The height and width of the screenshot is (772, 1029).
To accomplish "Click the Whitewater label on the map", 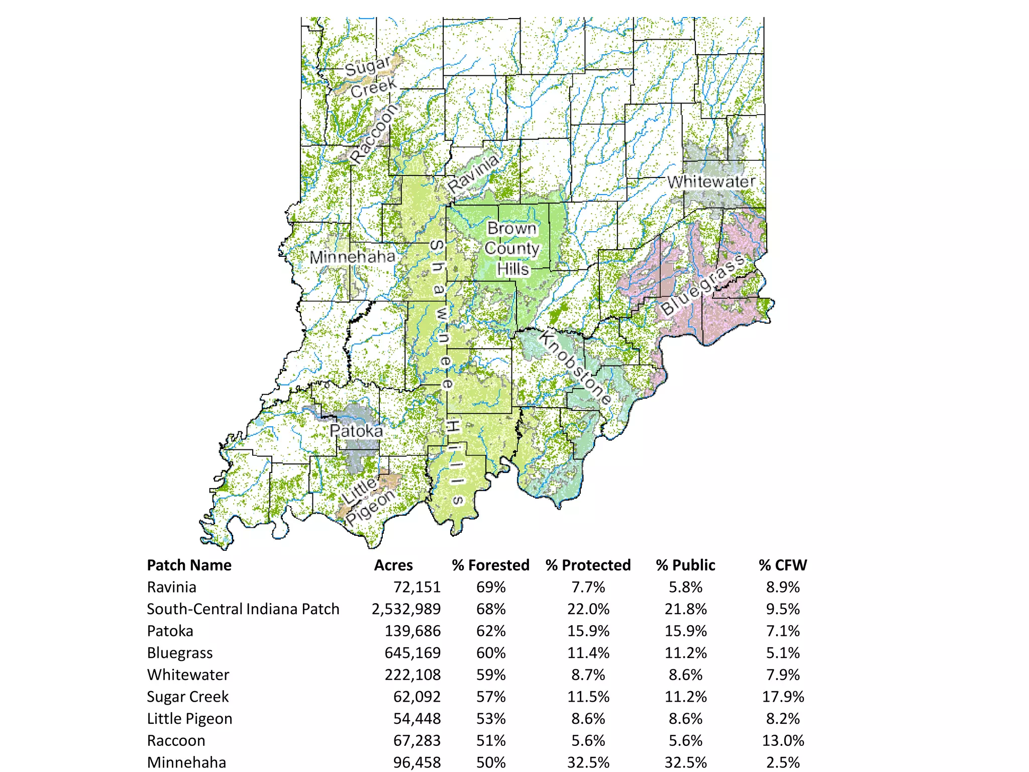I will (x=711, y=181).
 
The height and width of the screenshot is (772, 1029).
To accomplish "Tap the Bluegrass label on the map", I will (x=702, y=285).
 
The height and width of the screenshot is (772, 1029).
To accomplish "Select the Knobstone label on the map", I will (x=576, y=368).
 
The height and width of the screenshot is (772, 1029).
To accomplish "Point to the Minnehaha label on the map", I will (x=352, y=257).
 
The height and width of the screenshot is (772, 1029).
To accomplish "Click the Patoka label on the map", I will (x=356, y=431).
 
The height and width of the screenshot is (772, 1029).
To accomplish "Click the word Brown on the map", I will (x=512, y=228).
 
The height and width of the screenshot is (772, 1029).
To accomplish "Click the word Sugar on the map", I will (x=368, y=66).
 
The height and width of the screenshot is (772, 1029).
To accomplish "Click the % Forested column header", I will (x=490, y=565).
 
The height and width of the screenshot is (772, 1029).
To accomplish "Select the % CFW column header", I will (x=782, y=565).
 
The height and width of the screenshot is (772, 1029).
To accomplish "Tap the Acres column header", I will (x=393, y=565).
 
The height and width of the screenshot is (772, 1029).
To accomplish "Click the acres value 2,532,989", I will (x=406, y=609).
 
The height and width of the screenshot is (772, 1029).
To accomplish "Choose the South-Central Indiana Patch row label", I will (x=243, y=609).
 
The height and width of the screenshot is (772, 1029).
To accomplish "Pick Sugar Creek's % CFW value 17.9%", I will (x=783, y=697).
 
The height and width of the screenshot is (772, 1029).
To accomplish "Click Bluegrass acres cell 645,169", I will (x=413, y=652).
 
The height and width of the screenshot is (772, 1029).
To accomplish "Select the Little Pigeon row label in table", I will (x=189, y=719).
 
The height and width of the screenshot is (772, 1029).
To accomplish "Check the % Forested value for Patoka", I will (x=491, y=631).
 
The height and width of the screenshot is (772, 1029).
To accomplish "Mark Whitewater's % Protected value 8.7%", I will (x=588, y=674).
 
